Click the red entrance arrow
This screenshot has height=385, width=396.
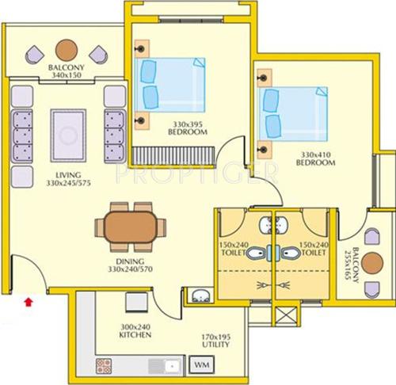tap(30, 300)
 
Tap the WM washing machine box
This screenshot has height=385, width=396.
tap(202, 366)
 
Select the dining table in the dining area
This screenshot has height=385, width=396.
tap(131, 223)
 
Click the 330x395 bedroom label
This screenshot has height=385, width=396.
tap(187, 129)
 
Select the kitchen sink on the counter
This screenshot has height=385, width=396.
tap(170, 366)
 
